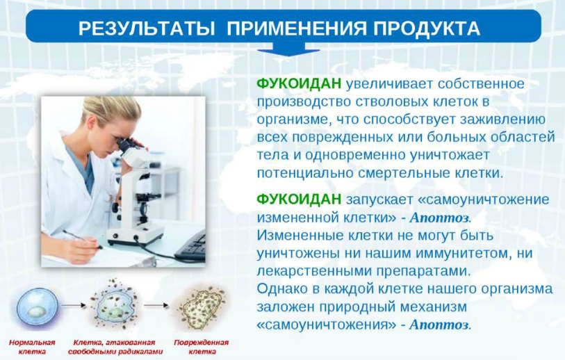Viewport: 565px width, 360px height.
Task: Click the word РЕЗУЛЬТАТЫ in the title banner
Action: coord(147,28)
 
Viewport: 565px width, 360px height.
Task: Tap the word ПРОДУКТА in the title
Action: coord(427,28)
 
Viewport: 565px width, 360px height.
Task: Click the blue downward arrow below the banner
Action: coord(289,49)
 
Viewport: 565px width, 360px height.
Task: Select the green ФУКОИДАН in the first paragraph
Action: coord(299,83)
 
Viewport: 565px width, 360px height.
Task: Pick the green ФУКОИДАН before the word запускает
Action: coord(299,199)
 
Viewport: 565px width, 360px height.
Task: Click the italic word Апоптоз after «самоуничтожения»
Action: coord(441,325)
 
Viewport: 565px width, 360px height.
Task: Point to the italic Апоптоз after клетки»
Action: coord(441,218)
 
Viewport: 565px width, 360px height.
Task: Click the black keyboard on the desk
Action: coord(190,246)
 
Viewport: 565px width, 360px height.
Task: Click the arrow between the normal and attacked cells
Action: coord(74,306)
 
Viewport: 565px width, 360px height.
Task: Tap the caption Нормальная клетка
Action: coord(32,347)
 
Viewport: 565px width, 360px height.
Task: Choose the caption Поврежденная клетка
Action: coord(202,347)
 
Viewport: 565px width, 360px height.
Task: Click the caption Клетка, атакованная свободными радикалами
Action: coord(115,347)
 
